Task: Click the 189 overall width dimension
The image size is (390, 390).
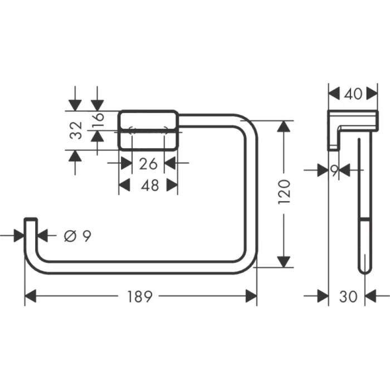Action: [x=139, y=297]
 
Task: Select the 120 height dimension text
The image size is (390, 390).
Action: [x=285, y=192]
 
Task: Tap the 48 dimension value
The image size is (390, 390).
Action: [x=148, y=186]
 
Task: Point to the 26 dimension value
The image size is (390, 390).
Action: [x=148, y=163]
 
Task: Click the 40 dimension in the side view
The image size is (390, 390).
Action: [x=353, y=94]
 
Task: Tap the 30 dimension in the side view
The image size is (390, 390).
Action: [x=349, y=297]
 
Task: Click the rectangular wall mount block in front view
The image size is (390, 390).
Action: [x=148, y=130]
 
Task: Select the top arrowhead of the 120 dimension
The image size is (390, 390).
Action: [x=284, y=127]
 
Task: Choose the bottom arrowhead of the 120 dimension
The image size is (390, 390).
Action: [x=284, y=261]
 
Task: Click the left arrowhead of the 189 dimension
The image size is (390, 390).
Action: [x=31, y=297]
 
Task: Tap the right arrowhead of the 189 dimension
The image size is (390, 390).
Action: [x=251, y=297]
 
